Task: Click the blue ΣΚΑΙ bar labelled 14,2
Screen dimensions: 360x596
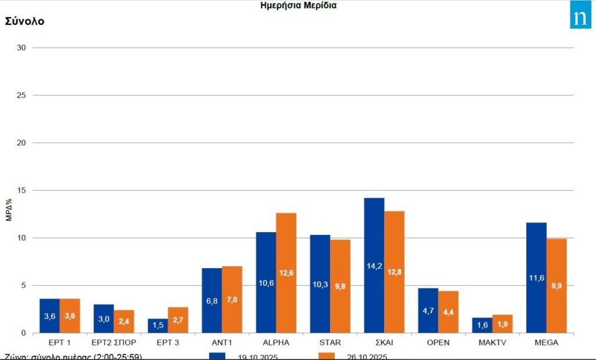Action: [x=374, y=265]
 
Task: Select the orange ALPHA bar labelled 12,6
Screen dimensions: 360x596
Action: [x=286, y=273]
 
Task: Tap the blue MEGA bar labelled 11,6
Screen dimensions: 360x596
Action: [x=536, y=277]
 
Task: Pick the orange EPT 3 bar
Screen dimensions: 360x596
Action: [x=178, y=320]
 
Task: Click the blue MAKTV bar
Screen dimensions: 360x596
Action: [x=482, y=325]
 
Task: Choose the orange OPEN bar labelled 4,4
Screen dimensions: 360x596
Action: [x=448, y=312]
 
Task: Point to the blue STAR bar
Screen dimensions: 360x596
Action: [x=320, y=284]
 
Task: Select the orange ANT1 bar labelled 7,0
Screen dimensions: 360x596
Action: [x=232, y=300]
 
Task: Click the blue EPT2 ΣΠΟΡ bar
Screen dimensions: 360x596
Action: [x=104, y=319]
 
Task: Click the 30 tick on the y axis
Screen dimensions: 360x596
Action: [x=22, y=48]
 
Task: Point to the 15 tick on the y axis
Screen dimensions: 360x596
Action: [x=22, y=190]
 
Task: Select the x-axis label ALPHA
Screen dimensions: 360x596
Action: [x=276, y=343]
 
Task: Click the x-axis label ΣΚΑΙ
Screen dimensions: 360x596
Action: [x=384, y=343]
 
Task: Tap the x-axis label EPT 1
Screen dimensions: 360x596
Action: [x=59, y=343]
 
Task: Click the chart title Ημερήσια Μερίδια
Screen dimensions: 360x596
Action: [x=298, y=6]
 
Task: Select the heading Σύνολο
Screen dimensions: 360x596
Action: [x=24, y=22]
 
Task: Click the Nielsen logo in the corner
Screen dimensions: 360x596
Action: [x=580, y=15]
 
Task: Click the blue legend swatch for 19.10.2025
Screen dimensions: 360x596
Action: [x=217, y=356]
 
